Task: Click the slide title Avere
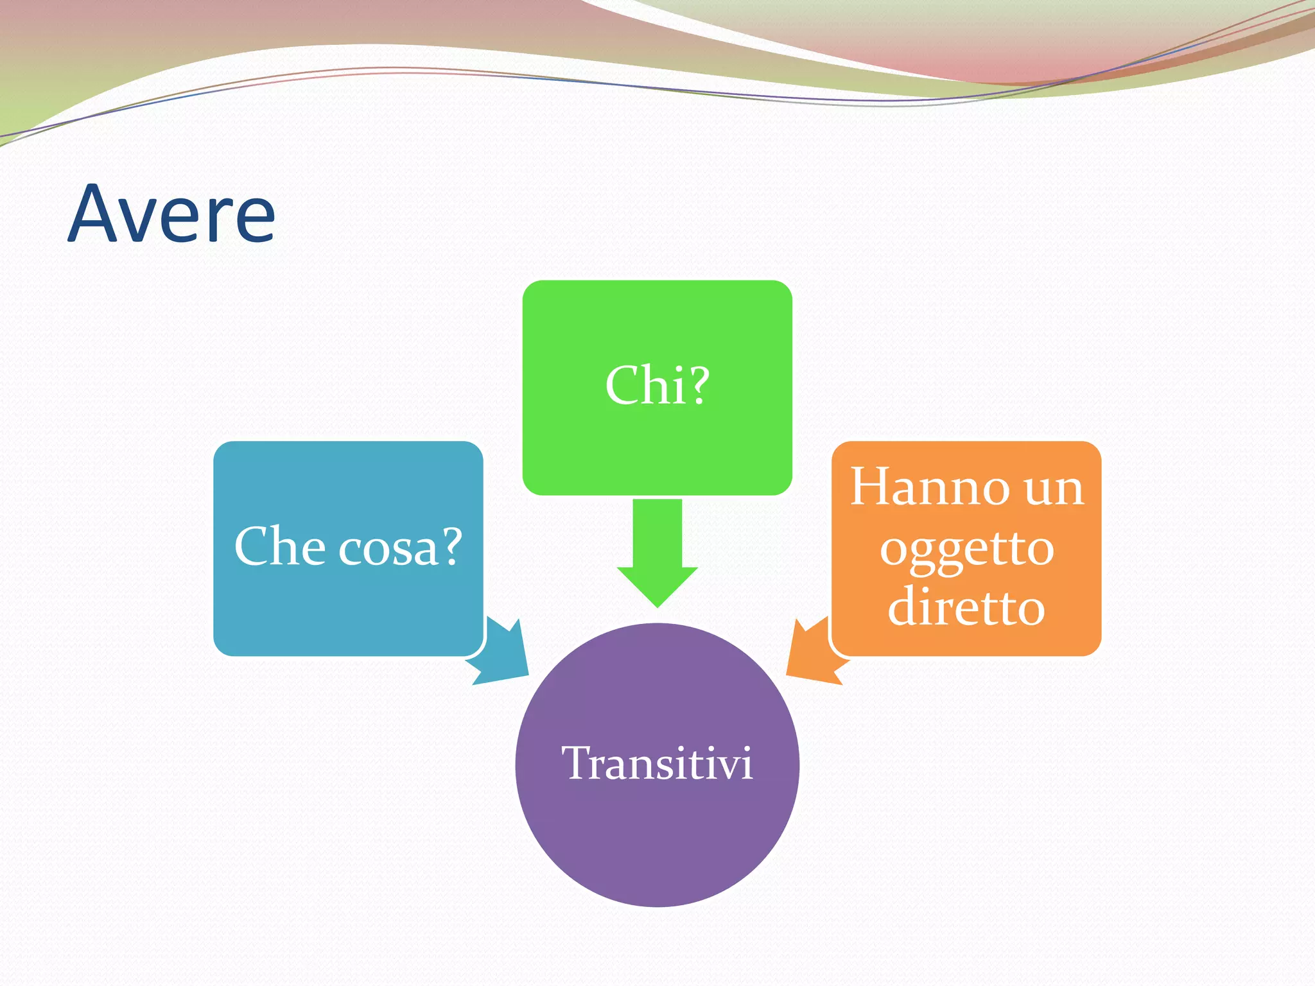(x=172, y=214)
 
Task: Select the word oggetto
(x=966, y=550)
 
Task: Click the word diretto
(x=966, y=607)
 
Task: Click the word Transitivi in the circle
(x=657, y=764)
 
